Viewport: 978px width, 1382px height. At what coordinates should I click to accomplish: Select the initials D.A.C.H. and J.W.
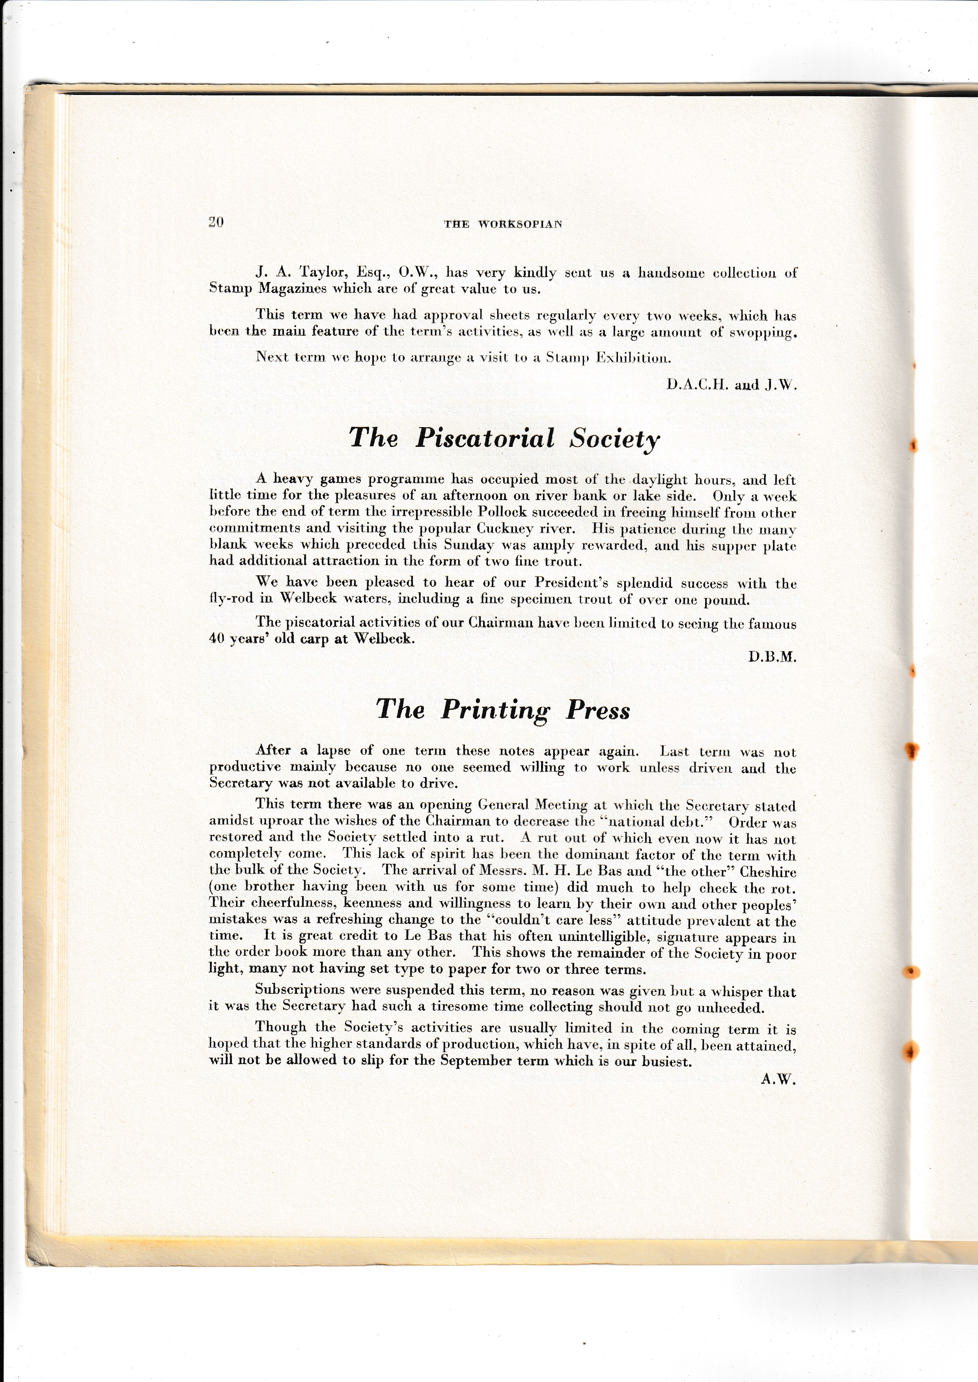click(x=731, y=385)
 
